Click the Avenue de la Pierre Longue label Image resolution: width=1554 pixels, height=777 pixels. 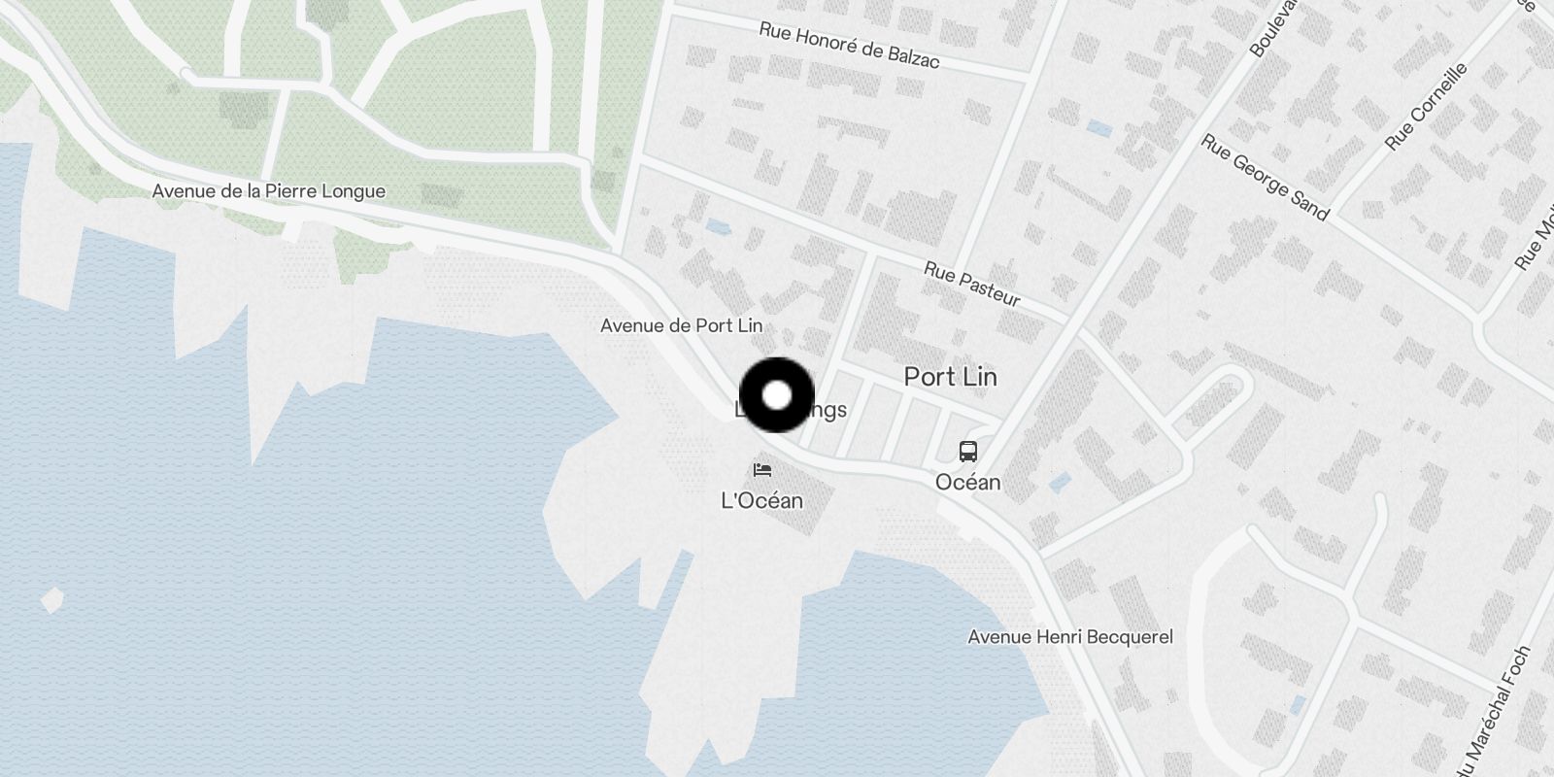pyautogui.click(x=268, y=191)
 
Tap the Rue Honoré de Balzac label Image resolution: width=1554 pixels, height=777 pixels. pyautogui.click(x=849, y=46)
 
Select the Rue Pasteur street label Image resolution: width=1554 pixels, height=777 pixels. pyautogui.click(x=971, y=284)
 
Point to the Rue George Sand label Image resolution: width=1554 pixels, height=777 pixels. pyautogui.click(x=1264, y=177)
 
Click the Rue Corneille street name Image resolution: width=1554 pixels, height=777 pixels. pyautogui.click(x=1426, y=108)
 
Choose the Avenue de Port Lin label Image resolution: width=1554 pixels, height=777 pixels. pyautogui.click(x=681, y=325)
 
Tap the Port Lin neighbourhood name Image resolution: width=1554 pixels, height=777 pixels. pyautogui.click(x=950, y=377)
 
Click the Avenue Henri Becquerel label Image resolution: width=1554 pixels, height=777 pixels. pyautogui.click(x=1070, y=637)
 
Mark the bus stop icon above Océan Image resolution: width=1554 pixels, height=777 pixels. pyautogui.click(x=967, y=452)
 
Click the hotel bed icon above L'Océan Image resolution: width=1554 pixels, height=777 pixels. pyautogui.click(x=762, y=471)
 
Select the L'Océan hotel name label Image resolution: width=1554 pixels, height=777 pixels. pyautogui.click(x=761, y=500)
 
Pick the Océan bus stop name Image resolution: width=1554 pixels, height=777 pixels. pyautogui.click(x=967, y=482)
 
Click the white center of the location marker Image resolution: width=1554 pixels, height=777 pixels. pyautogui.click(x=777, y=395)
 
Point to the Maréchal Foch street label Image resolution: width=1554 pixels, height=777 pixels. pyautogui.click(x=1497, y=714)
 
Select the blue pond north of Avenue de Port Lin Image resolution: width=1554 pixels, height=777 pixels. pyautogui.click(x=719, y=227)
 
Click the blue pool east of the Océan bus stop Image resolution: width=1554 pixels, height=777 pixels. pyautogui.click(x=1060, y=482)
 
